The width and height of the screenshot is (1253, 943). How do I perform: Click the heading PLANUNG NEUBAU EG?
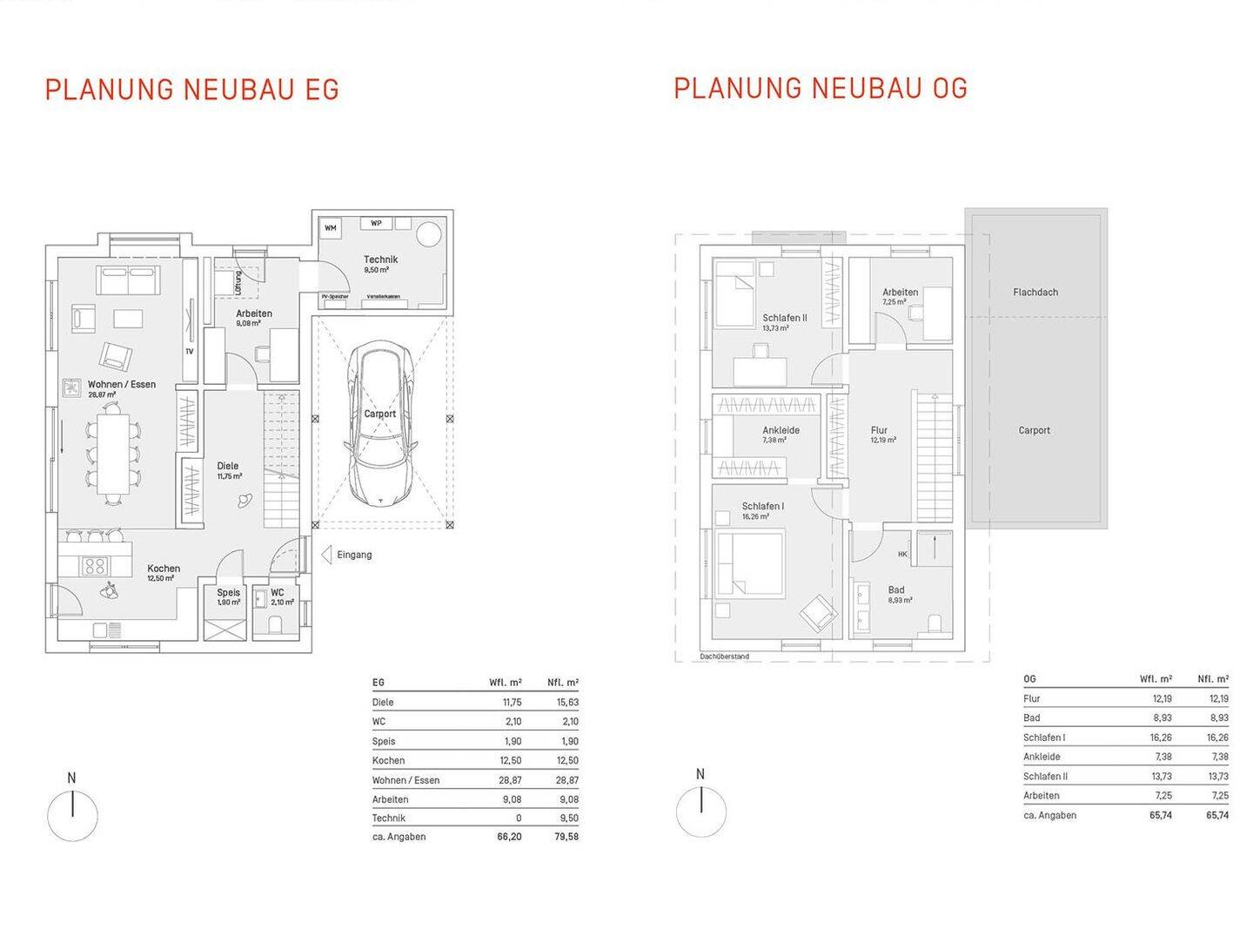191,90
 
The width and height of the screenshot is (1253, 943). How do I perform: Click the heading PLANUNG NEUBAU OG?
820,88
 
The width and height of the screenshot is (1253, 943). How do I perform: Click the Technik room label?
380,259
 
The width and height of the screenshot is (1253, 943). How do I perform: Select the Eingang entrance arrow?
326,555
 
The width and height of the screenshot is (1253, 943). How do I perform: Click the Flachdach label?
1035,293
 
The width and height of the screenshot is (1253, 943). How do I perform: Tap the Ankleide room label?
781,430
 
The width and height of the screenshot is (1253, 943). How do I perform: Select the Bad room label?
896,590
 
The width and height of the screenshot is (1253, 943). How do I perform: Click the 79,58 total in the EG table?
566,837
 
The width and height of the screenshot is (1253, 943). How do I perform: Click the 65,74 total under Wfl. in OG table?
1159,816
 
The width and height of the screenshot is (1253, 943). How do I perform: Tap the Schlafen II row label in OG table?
1045,777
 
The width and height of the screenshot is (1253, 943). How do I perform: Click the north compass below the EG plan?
72,815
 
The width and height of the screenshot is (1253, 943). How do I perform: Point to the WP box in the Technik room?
376,223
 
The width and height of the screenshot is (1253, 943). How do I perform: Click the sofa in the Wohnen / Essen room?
130,280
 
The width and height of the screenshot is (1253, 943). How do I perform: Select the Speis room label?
229,592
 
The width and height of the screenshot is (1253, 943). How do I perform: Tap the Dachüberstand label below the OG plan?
724,657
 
